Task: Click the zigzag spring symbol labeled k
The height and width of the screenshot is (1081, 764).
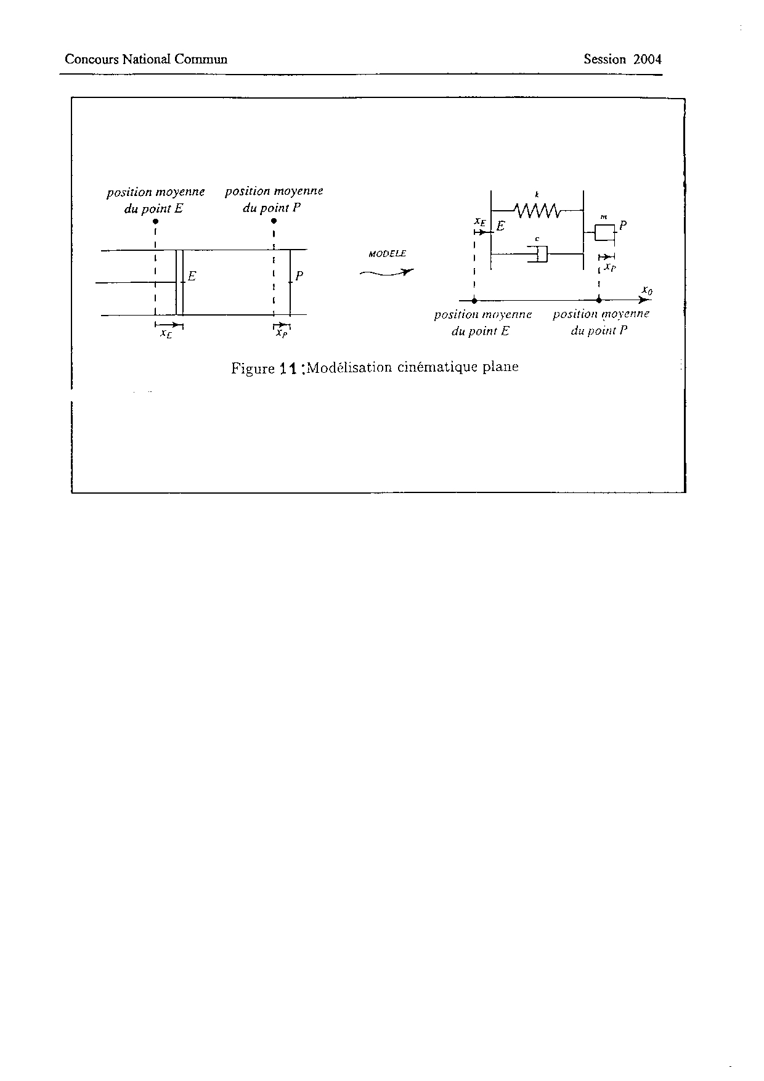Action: [537, 211]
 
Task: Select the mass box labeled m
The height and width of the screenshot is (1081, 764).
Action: [604, 232]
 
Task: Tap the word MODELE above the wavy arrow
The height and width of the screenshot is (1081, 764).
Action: [387, 253]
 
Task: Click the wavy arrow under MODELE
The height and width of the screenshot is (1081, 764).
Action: [386, 272]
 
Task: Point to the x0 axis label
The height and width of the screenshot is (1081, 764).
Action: [647, 289]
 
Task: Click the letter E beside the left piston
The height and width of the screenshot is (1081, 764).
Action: [192, 276]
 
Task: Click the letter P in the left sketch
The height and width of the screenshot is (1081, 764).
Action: [299, 275]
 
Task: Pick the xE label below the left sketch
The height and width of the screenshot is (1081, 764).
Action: [166, 333]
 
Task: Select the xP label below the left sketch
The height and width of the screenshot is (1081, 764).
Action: [282, 333]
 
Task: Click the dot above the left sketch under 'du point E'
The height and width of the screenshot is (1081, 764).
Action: [156, 221]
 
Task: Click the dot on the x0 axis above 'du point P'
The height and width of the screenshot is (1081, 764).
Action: [599, 300]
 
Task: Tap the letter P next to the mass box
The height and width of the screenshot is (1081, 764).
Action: [623, 226]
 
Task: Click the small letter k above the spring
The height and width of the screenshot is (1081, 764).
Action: [537, 195]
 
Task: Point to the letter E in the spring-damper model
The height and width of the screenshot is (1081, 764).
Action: [501, 226]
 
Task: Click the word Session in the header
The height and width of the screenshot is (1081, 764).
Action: [604, 59]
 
